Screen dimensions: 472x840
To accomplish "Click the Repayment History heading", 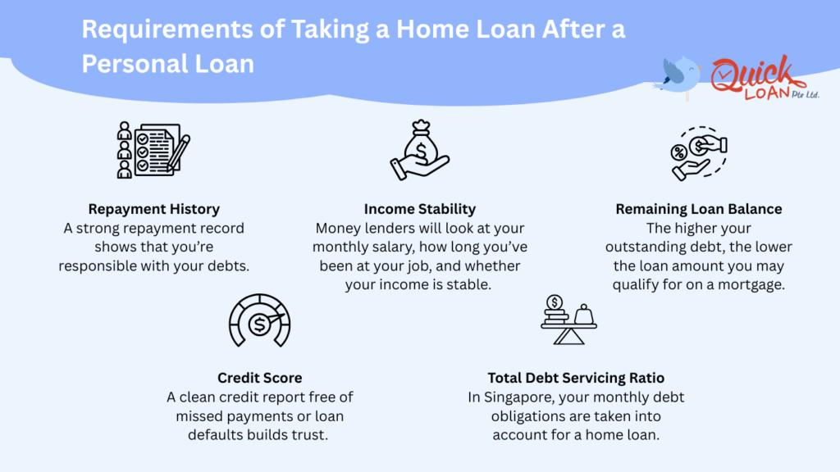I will pos(153,209).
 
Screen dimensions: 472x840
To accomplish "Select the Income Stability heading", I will pos(419,209).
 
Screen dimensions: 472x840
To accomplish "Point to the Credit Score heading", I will pos(259,378).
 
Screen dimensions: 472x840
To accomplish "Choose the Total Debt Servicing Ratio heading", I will pos(576,378).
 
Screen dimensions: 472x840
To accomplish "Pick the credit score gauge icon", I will pos(258,320).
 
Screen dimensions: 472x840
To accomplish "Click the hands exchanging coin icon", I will pos(698,152).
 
